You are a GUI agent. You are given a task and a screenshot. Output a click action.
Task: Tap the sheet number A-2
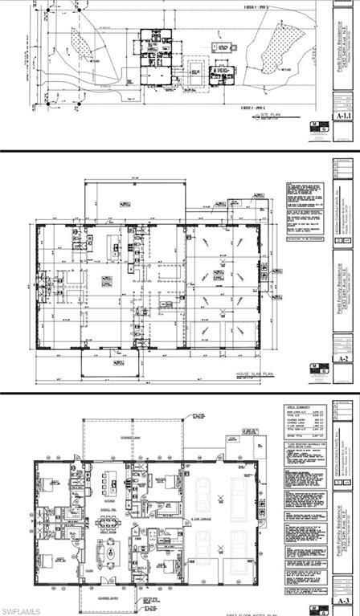click(344, 361)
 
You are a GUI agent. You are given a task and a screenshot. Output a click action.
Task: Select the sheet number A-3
click(344, 600)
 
